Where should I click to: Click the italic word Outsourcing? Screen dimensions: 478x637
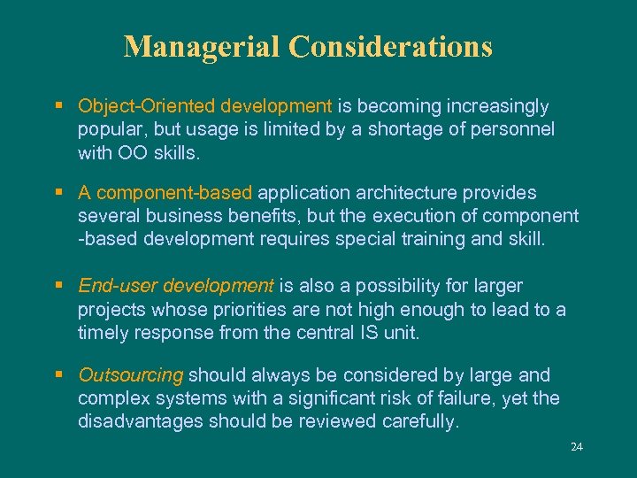[130, 375]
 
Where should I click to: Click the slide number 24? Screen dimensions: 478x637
[577, 447]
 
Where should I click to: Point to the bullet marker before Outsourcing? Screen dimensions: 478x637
[58, 375]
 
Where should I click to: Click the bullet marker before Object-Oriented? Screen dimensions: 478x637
[58, 106]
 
